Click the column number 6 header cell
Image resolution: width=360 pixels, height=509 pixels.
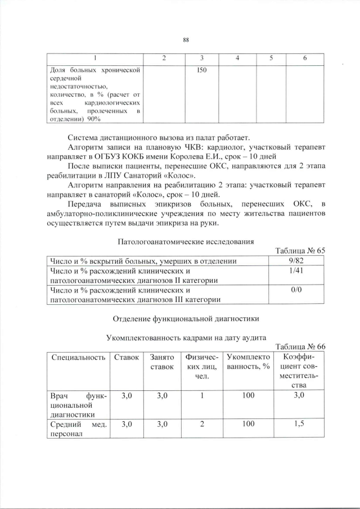point(304,58)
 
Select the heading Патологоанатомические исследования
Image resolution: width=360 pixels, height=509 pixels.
point(186,242)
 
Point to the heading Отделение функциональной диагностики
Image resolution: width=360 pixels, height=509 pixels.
point(186,318)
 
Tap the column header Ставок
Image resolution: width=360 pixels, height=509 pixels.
point(126,357)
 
